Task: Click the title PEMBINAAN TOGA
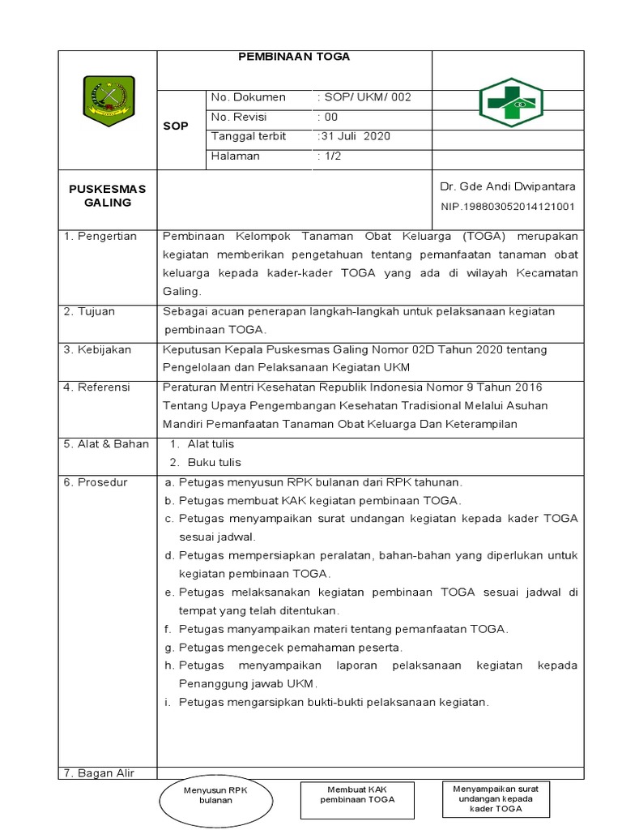[x=294, y=58]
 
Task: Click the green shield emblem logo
[x=109, y=101]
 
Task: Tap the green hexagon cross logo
[x=511, y=103]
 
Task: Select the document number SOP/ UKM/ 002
[x=365, y=97]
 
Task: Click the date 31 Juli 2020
[x=355, y=136]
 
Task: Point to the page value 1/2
[x=330, y=156]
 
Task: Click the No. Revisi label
[x=239, y=117]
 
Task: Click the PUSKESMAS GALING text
[x=107, y=195]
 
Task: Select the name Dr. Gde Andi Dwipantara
[x=507, y=187]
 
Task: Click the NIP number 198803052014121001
[x=508, y=207]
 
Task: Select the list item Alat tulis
[x=211, y=444]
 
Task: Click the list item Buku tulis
[x=214, y=462]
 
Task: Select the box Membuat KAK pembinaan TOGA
[x=357, y=794]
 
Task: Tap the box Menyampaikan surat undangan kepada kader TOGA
[x=496, y=798]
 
